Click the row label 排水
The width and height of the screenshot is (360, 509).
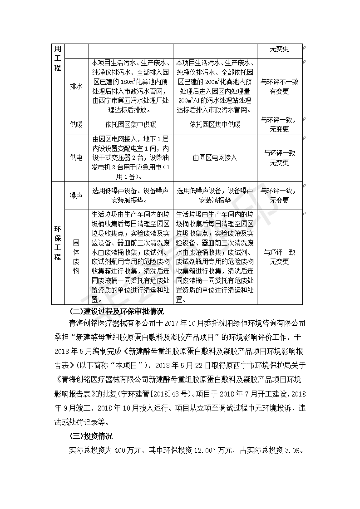[x=76, y=86]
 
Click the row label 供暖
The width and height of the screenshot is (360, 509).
[x=76, y=124]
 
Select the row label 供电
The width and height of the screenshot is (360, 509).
[x=76, y=157]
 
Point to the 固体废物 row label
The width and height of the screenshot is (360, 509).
[x=76, y=257]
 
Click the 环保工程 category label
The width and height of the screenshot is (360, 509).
[x=58, y=243]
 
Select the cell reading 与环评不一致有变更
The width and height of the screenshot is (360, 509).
[x=279, y=86]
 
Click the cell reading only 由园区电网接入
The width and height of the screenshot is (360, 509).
[x=215, y=157]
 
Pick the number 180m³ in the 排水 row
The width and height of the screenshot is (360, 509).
[x=126, y=83]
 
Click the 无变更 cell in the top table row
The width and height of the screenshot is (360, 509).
[x=279, y=49]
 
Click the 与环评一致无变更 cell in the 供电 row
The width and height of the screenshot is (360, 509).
[x=279, y=157]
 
